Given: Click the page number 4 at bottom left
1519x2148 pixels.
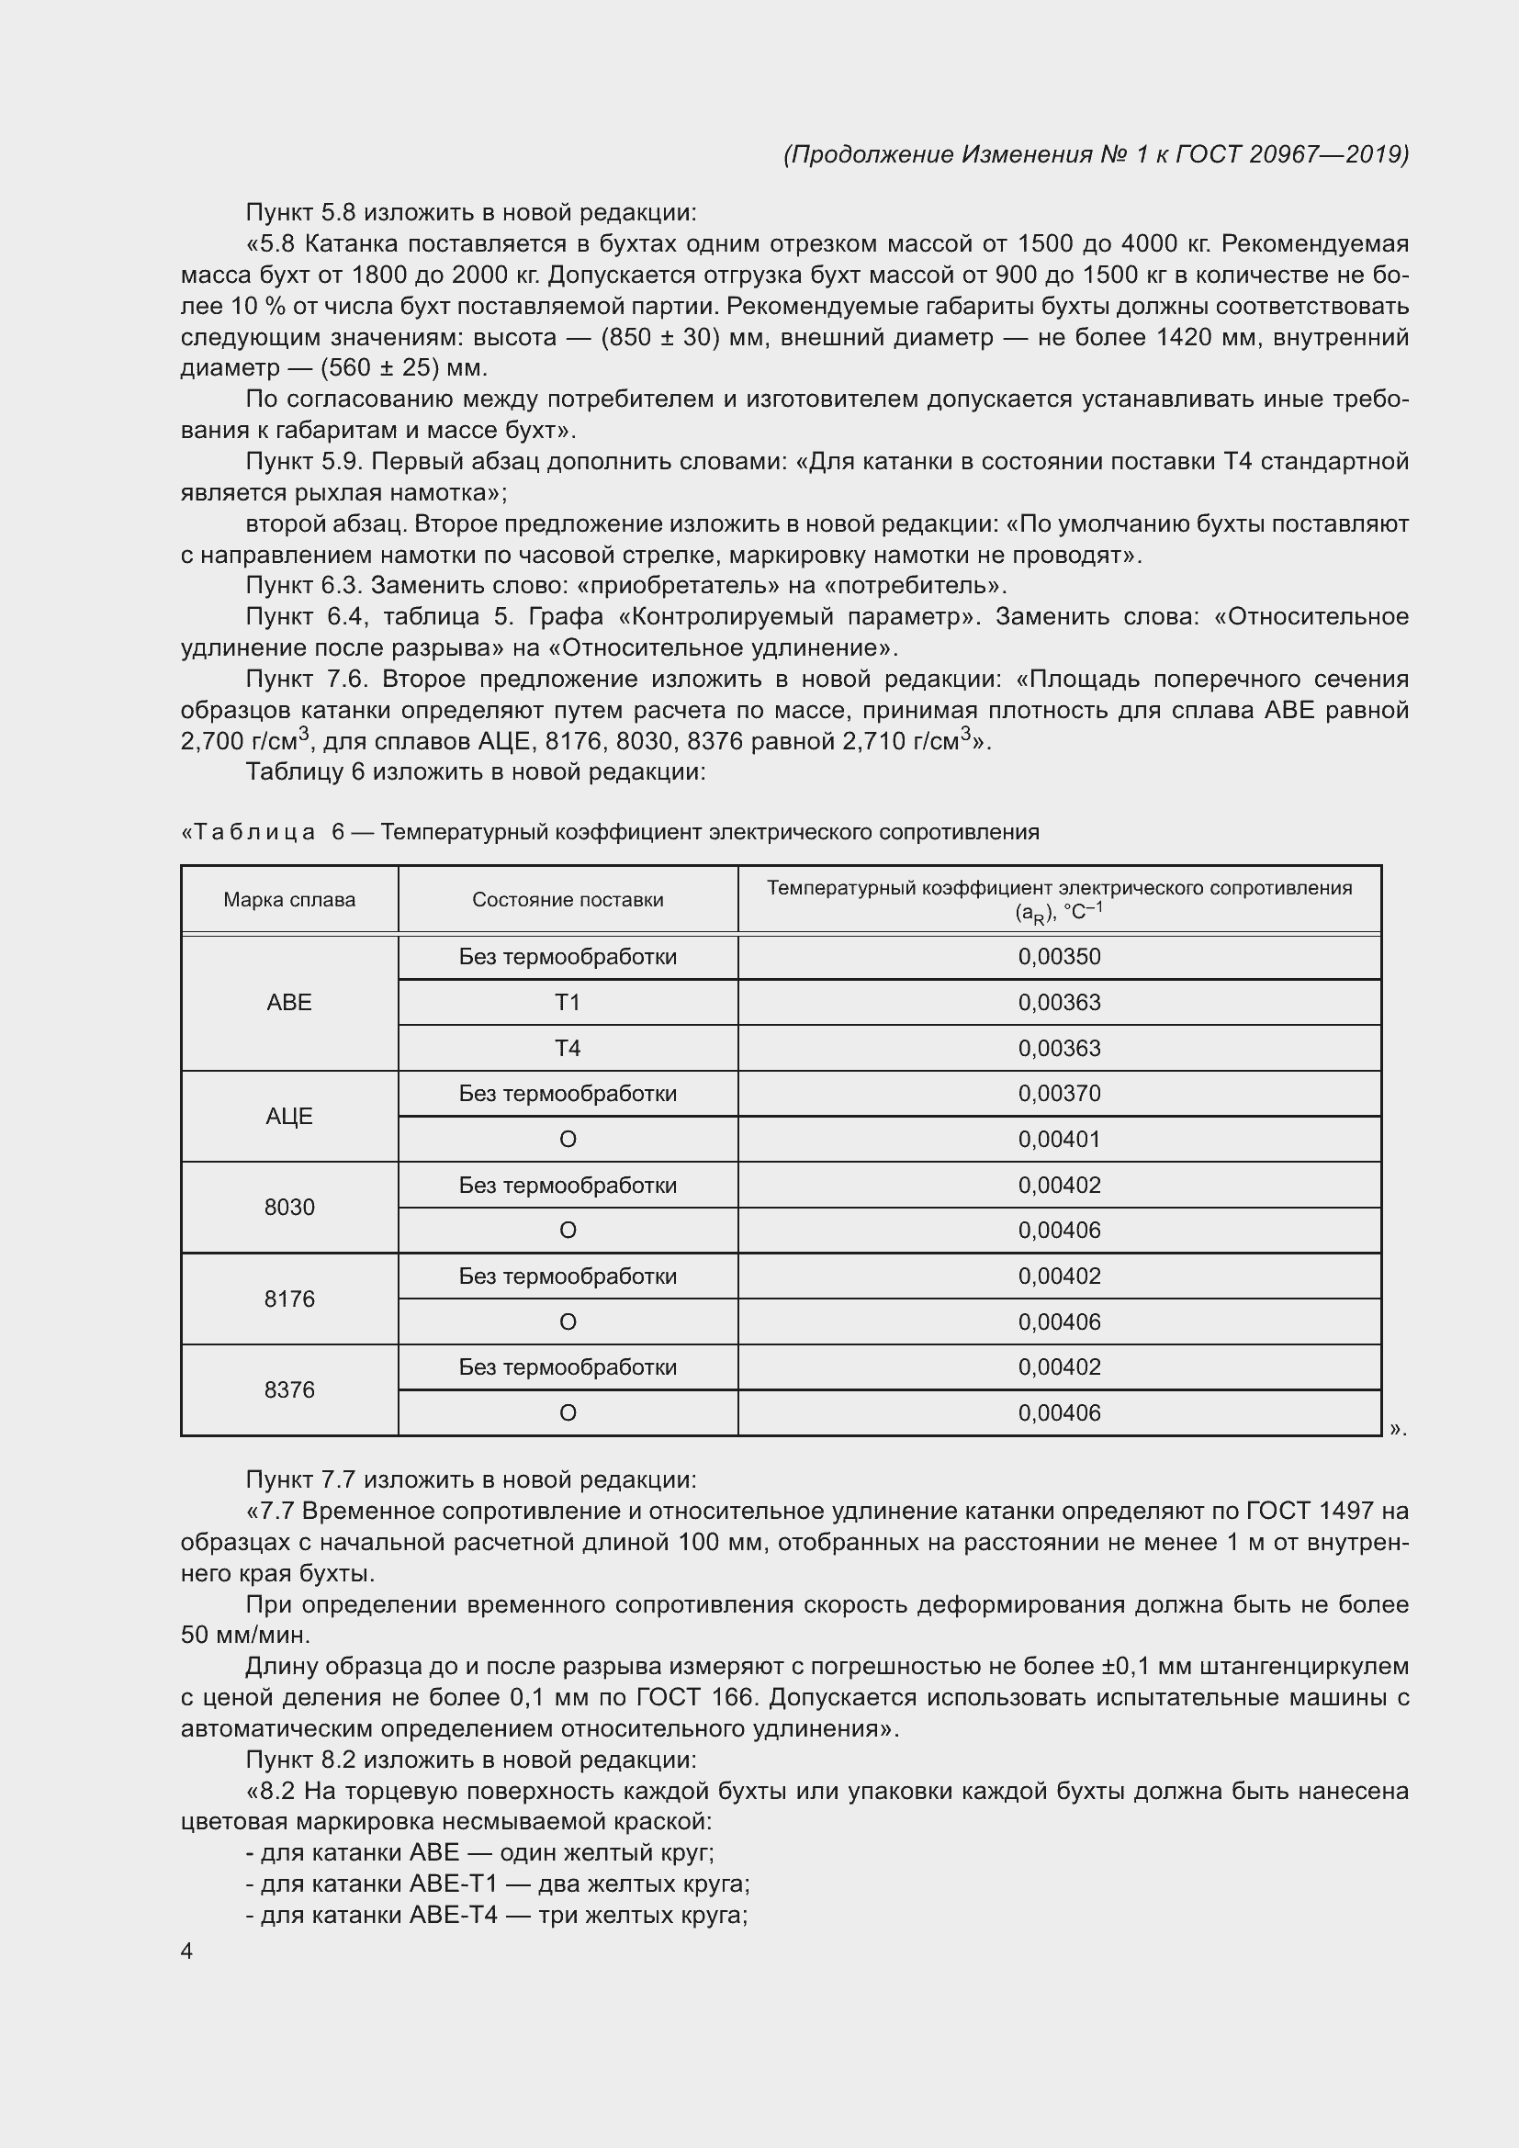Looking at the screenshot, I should click(186, 1951).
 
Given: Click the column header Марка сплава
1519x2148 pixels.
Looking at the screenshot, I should click(289, 900).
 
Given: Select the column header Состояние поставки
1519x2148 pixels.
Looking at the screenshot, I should click(568, 900).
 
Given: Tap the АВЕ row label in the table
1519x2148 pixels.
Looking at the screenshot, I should click(289, 1002).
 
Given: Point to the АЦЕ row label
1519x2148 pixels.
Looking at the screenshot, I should click(289, 1116).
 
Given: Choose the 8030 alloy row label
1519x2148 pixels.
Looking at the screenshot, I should click(289, 1207).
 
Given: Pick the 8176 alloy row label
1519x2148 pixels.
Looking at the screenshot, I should click(289, 1299).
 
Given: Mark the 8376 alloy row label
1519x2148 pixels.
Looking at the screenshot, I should click(289, 1389).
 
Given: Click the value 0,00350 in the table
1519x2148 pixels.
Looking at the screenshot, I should click(1059, 957).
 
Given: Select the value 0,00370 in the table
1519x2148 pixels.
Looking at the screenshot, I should click(1059, 1094).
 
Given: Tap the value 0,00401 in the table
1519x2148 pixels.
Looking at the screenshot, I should click(1059, 1140).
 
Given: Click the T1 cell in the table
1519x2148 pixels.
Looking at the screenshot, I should click(568, 1003).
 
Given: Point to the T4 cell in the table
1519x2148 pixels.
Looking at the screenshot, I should click(568, 1049).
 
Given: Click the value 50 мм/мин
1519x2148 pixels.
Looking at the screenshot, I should click(244, 1636).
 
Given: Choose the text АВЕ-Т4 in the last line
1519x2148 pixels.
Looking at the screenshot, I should click(453, 1915).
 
